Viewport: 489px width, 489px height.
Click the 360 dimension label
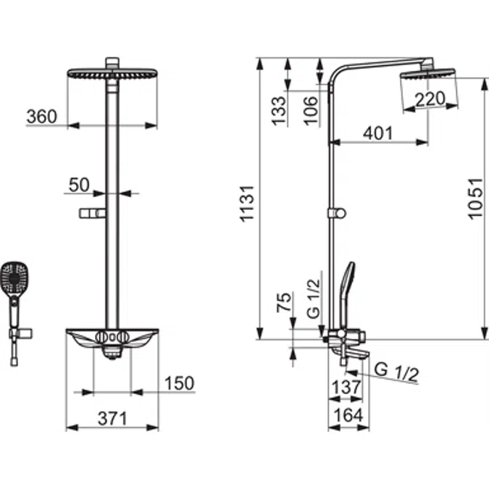coord(42,117)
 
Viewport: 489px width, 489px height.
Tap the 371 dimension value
coord(112,418)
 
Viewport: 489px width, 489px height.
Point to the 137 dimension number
coord(346,388)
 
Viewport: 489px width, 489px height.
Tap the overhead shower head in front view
coord(112,75)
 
